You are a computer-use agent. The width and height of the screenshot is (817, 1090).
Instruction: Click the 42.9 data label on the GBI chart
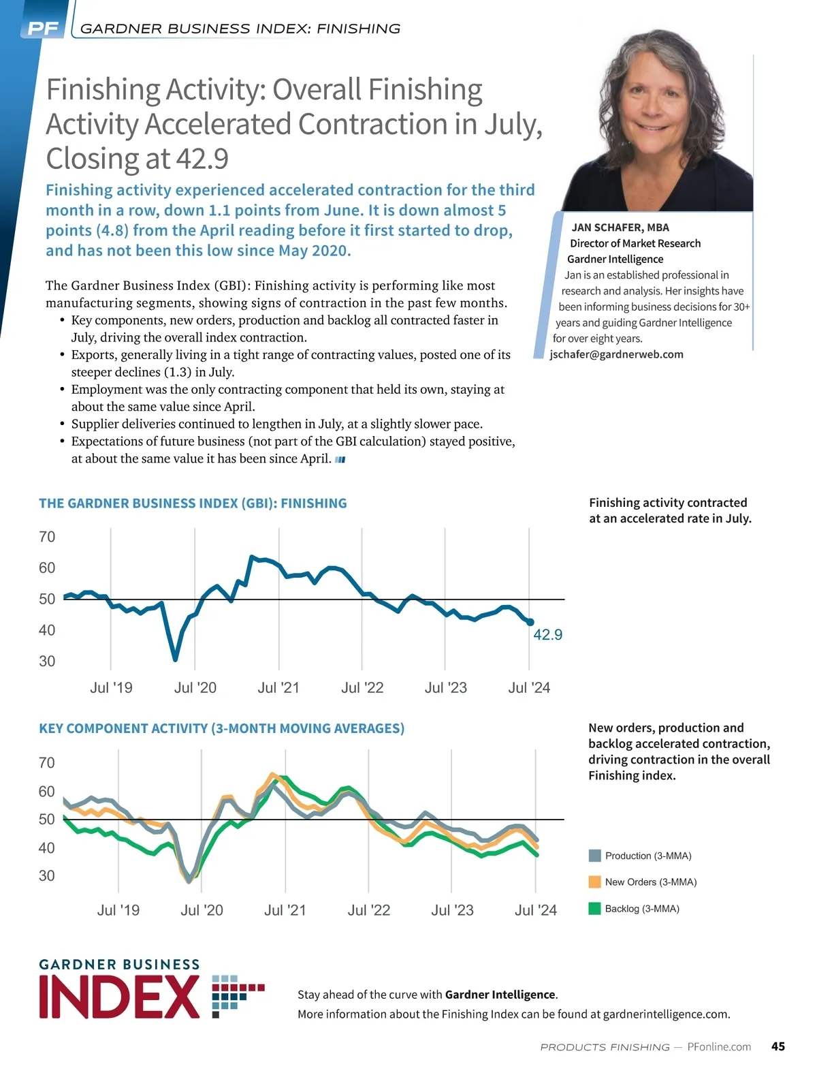547,635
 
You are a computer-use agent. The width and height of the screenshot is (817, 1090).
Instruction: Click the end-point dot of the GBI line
530,622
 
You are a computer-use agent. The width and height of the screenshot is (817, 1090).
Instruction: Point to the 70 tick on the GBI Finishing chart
47,537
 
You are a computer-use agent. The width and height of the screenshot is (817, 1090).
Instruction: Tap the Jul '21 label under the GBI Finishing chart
278,688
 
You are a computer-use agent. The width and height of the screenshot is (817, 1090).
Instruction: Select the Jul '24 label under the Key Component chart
536,910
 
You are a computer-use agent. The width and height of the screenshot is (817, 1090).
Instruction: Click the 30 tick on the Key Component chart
47,876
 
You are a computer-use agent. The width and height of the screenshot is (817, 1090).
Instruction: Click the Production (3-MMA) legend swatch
594,856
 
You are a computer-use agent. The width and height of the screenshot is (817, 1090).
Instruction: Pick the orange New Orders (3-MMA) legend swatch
594,882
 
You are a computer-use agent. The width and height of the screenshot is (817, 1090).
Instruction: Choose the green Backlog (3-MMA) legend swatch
594,909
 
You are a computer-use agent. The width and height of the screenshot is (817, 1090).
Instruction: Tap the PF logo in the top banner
43,29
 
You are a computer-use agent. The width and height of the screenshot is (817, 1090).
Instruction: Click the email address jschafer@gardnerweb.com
616,354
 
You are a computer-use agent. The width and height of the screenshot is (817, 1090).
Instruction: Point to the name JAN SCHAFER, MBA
620,228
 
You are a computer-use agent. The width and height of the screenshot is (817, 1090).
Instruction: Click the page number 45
778,1046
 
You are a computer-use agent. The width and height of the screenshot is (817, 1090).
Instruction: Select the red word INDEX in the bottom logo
120,997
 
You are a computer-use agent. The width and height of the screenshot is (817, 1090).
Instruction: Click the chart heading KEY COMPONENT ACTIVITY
221,728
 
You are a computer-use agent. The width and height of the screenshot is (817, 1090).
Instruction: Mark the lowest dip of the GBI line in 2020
175,659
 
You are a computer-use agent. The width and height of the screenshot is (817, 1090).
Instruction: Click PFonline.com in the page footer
719,1046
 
